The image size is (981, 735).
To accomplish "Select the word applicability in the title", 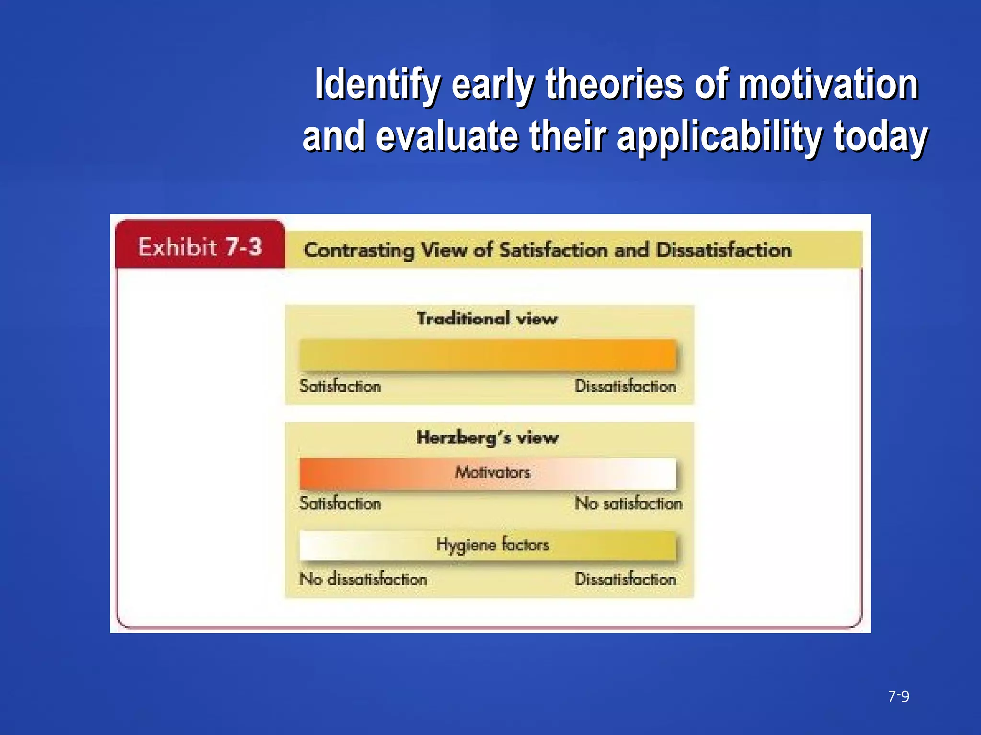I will [719, 137].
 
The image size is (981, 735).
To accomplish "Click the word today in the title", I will [880, 137].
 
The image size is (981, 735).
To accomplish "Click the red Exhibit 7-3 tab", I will [200, 246].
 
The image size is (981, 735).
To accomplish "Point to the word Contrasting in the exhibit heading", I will [359, 250].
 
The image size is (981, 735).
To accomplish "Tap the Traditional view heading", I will [487, 319].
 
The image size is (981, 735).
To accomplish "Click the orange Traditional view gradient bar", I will [488, 355].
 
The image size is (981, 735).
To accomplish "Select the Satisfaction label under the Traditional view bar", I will [340, 386].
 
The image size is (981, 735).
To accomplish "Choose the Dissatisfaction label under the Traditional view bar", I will [626, 386].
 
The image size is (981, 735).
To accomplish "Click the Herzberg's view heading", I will [487, 437].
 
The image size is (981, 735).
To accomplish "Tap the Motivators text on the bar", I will [492, 473].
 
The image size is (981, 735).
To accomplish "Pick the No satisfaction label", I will [628, 503].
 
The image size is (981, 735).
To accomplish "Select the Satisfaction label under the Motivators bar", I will [340, 503].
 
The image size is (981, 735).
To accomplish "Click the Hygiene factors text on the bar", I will [492, 545].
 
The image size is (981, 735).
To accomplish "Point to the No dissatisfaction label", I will [363, 579].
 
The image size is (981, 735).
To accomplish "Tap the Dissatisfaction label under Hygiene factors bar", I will [626, 579].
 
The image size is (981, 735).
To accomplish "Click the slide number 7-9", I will [899, 696].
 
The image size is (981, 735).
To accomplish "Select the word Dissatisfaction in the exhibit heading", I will [723, 250].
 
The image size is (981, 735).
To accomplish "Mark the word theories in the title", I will [615, 85].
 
